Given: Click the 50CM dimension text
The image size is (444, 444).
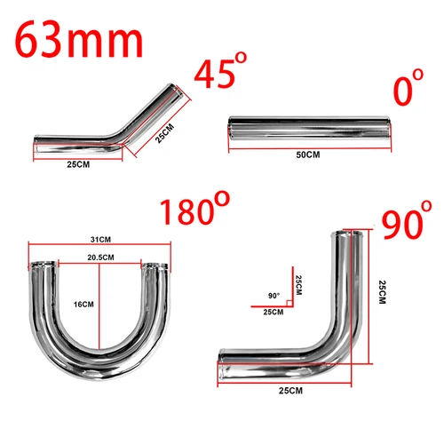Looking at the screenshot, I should coord(307,155).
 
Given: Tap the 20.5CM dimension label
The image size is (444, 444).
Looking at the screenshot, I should coord(100,256).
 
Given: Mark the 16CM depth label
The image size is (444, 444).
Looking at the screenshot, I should coord(83,304).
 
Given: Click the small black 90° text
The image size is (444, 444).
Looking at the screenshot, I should coord(273,296).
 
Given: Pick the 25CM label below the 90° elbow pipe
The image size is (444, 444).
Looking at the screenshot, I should coord(289,389).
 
